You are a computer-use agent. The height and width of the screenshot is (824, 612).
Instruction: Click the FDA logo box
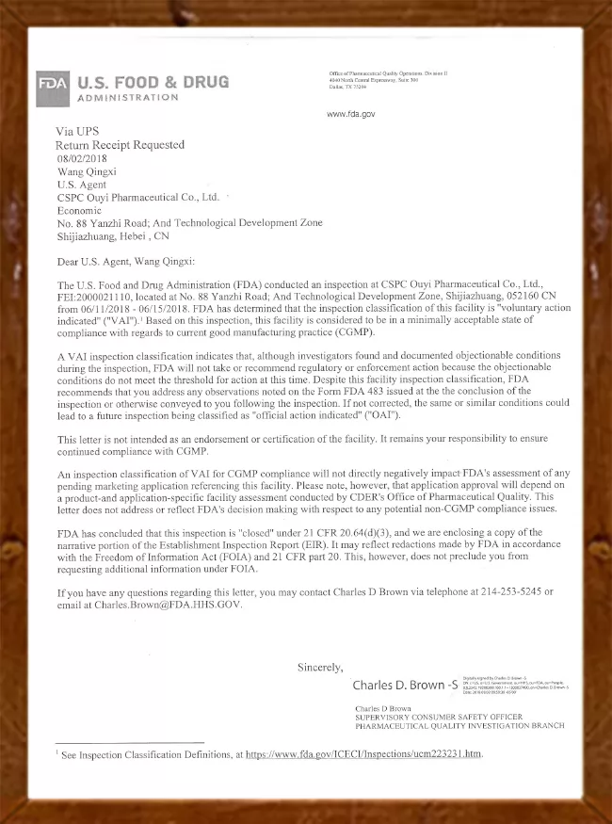click(53, 83)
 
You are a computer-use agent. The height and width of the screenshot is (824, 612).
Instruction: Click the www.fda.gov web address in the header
click(351, 114)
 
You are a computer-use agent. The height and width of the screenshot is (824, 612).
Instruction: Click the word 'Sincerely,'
click(320, 668)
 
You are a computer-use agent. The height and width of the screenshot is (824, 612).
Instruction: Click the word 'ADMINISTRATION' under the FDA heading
click(127, 97)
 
